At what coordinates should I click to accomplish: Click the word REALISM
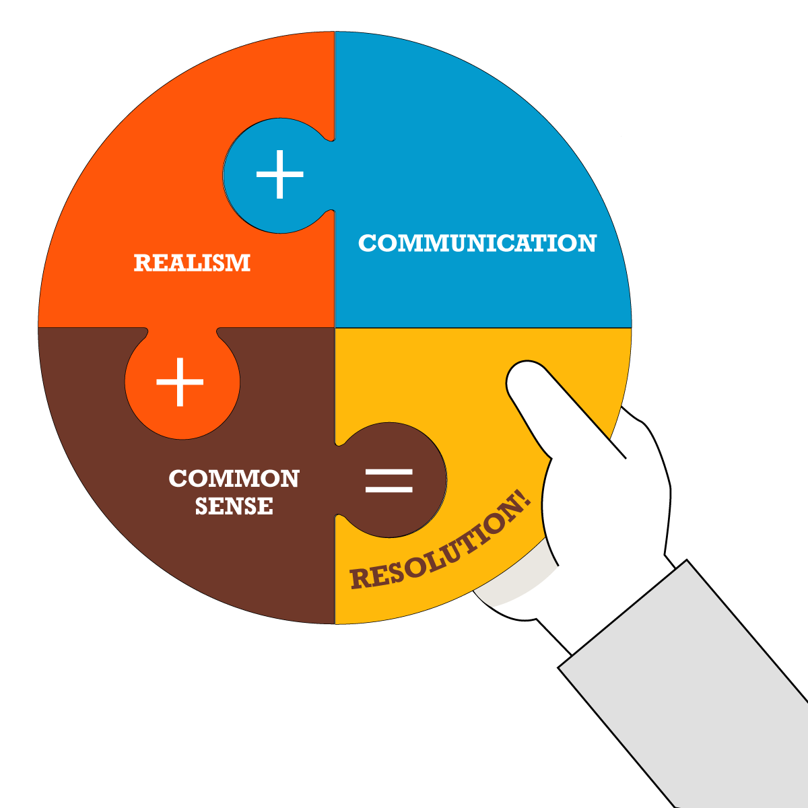(192, 263)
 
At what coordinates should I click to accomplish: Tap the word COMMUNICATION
(477, 243)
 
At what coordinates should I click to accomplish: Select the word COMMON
(234, 479)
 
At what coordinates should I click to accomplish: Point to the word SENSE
(234, 506)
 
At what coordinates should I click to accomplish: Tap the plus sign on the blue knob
(279, 174)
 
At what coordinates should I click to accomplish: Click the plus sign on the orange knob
(180, 382)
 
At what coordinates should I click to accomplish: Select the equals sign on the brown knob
(389, 480)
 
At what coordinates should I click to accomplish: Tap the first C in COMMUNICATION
(367, 243)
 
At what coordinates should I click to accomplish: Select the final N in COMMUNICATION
(586, 243)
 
